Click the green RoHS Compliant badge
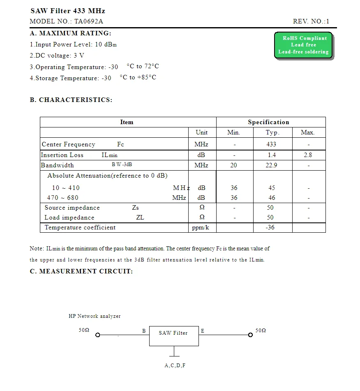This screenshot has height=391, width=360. (303, 45)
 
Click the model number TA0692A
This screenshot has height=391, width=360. (88, 21)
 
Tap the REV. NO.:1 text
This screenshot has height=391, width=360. (311, 21)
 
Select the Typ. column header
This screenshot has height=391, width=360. (272, 132)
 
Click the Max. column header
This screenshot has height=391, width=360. (307, 132)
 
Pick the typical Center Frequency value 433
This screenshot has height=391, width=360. (271, 144)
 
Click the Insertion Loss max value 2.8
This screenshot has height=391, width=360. (308, 155)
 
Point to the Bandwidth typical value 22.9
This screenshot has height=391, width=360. (271, 165)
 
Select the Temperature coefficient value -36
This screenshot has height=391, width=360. (270, 227)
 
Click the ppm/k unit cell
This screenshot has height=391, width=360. (201, 227)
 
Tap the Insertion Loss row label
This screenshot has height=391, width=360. (62, 155)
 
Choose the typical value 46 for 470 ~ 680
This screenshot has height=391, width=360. (272, 198)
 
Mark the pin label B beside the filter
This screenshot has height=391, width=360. (144, 331)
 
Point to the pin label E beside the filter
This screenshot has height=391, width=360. (203, 331)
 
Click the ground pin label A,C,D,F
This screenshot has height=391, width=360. (175, 366)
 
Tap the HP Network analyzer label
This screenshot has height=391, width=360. (95, 316)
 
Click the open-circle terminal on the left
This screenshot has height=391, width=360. (97, 335)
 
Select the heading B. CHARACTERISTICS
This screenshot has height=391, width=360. (71, 100)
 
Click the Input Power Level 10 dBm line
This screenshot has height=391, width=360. (73, 44)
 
